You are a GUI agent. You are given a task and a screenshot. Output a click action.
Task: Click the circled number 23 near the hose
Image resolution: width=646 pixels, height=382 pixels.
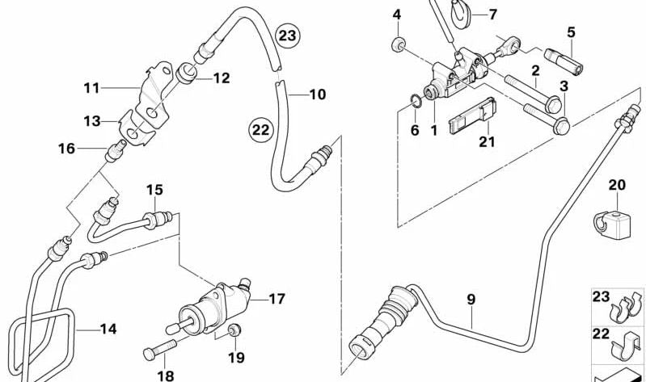pyautogui.click(x=286, y=36)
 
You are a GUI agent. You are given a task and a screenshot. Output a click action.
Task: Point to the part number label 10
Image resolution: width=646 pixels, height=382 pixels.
pyautogui.click(x=317, y=94)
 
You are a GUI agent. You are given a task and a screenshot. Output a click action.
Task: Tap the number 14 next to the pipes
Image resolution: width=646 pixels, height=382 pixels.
pyautogui.click(x=108, y=329)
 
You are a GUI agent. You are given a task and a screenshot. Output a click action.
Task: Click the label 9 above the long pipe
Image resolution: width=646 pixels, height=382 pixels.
pyautogui.click(x=471, y=300)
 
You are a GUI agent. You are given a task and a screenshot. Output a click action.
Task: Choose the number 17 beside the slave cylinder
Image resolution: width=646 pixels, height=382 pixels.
pyautogui.click(x=277, y=299)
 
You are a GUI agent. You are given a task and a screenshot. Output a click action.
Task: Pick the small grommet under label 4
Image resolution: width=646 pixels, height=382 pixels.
pyautogui.click(x=398, y=44)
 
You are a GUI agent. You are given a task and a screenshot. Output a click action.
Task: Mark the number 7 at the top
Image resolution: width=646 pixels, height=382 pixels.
pyautogui.click(x=493, y=14)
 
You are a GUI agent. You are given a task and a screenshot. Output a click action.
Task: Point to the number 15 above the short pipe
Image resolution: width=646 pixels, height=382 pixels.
pyautogui.click(x=154, y=191)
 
